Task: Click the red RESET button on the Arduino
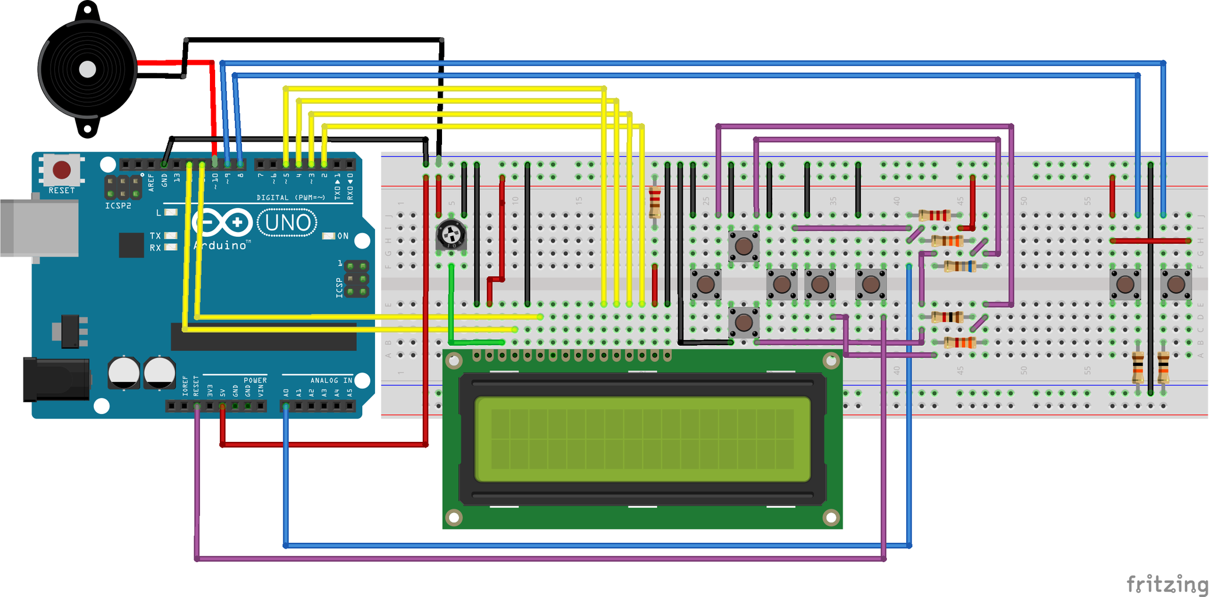point(62,170)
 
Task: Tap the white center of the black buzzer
point(87,69)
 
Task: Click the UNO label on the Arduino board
point(287,223)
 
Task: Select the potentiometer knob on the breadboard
point(451,236)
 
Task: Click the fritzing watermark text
point(1167,584)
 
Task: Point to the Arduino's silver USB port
point(38,228)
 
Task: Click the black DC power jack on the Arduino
point(55,380)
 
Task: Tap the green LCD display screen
point(642,440)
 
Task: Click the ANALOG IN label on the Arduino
point(331,380)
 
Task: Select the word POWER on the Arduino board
point(255,380)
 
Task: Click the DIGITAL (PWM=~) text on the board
point(290,198)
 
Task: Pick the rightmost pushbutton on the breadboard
point(1176,285)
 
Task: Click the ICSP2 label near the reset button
point(118,206)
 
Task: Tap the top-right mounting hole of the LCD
point(831,361)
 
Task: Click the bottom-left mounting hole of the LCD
point(454,517)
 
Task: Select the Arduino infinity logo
point(222,223)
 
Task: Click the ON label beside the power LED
point(343,236)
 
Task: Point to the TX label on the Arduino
point(155,236)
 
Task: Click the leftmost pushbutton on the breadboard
point(706,285)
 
